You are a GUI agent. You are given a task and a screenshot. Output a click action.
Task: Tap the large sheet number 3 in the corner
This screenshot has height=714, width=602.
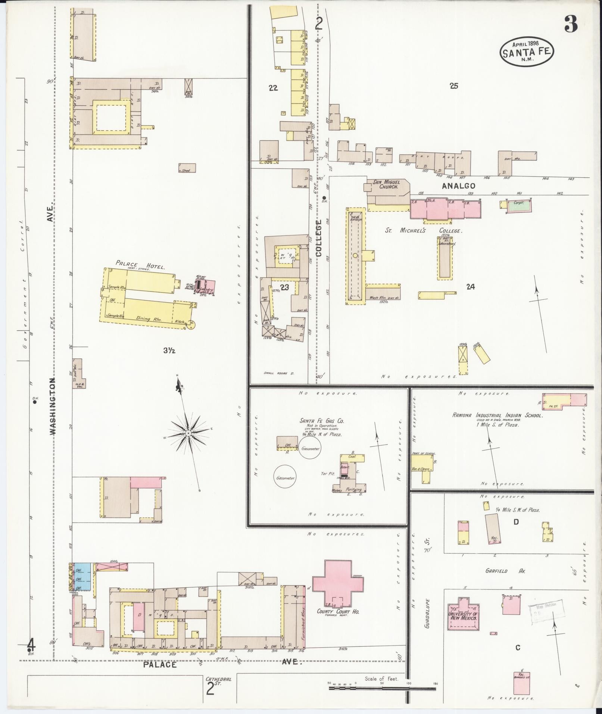[571, 25]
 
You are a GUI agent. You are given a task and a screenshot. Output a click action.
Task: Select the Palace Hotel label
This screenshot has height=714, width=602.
[140, 264]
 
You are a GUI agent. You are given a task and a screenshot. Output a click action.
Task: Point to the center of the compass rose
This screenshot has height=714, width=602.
[188, 433]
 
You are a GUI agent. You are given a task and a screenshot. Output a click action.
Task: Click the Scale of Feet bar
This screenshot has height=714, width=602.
[383, 687]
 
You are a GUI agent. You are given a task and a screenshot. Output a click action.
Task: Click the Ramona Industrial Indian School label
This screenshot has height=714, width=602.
[497, 415]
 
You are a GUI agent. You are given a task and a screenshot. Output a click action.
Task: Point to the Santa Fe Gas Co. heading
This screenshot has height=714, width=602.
[322, 421]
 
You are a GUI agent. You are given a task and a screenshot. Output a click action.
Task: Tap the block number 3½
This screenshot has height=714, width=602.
[169, 350]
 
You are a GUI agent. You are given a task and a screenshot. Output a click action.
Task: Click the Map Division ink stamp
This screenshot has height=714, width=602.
[543, 611]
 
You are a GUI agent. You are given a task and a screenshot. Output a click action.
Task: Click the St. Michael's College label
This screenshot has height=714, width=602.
[424, 231]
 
